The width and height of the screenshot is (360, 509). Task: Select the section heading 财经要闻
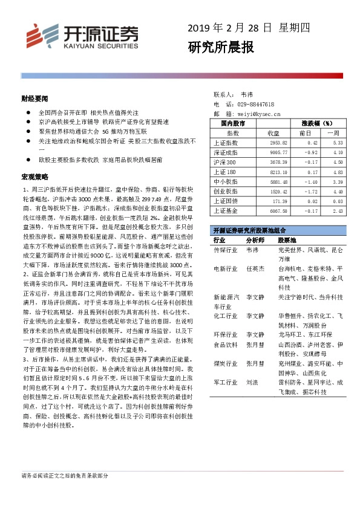pyautogui.click(x=34, y=97)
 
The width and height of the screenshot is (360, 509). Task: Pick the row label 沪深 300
pyautogui.click(x=226, y=162)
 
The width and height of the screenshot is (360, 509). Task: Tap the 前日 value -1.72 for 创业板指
pyautogui.click(x=310, y=191)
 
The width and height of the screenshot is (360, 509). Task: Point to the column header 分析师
pyautogui.click(x=255, y=240)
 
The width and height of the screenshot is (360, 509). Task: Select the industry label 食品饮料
pyautogui.click(x=225, y=345)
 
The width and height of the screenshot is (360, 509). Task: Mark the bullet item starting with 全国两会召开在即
pyautogui.click(x=88, y=112)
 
